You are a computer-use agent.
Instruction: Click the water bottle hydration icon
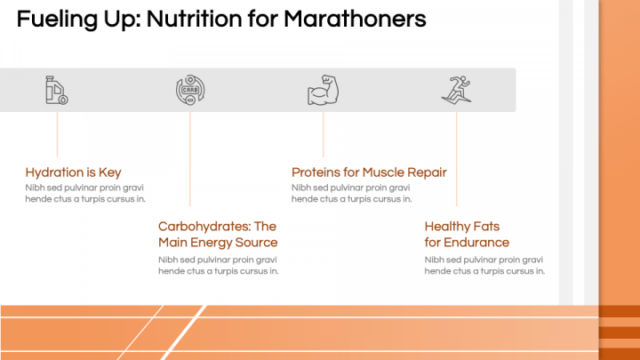(x=57, y=90)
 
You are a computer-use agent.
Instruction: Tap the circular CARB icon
(x=190, y=90)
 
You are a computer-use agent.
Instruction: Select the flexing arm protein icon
(x=323, y=90)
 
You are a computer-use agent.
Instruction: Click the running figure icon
(x=455, y=90)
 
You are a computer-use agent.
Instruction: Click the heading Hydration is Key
(x=73, y=172)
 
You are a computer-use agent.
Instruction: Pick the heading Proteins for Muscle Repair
(x=369, y=172)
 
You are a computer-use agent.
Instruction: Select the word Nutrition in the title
(x=174, y=19)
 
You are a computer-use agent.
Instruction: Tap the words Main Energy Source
(x=218, y=243)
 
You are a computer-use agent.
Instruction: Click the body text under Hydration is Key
(x=84, y=193)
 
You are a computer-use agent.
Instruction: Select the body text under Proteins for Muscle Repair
(x=351, y=193)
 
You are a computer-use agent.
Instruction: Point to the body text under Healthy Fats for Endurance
(x=484, y=265)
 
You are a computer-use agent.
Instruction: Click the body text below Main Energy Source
(x=218, y=265)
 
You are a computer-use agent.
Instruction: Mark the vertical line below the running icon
(x=456, y=160)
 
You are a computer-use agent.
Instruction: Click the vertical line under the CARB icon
(x=190, y=160)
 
